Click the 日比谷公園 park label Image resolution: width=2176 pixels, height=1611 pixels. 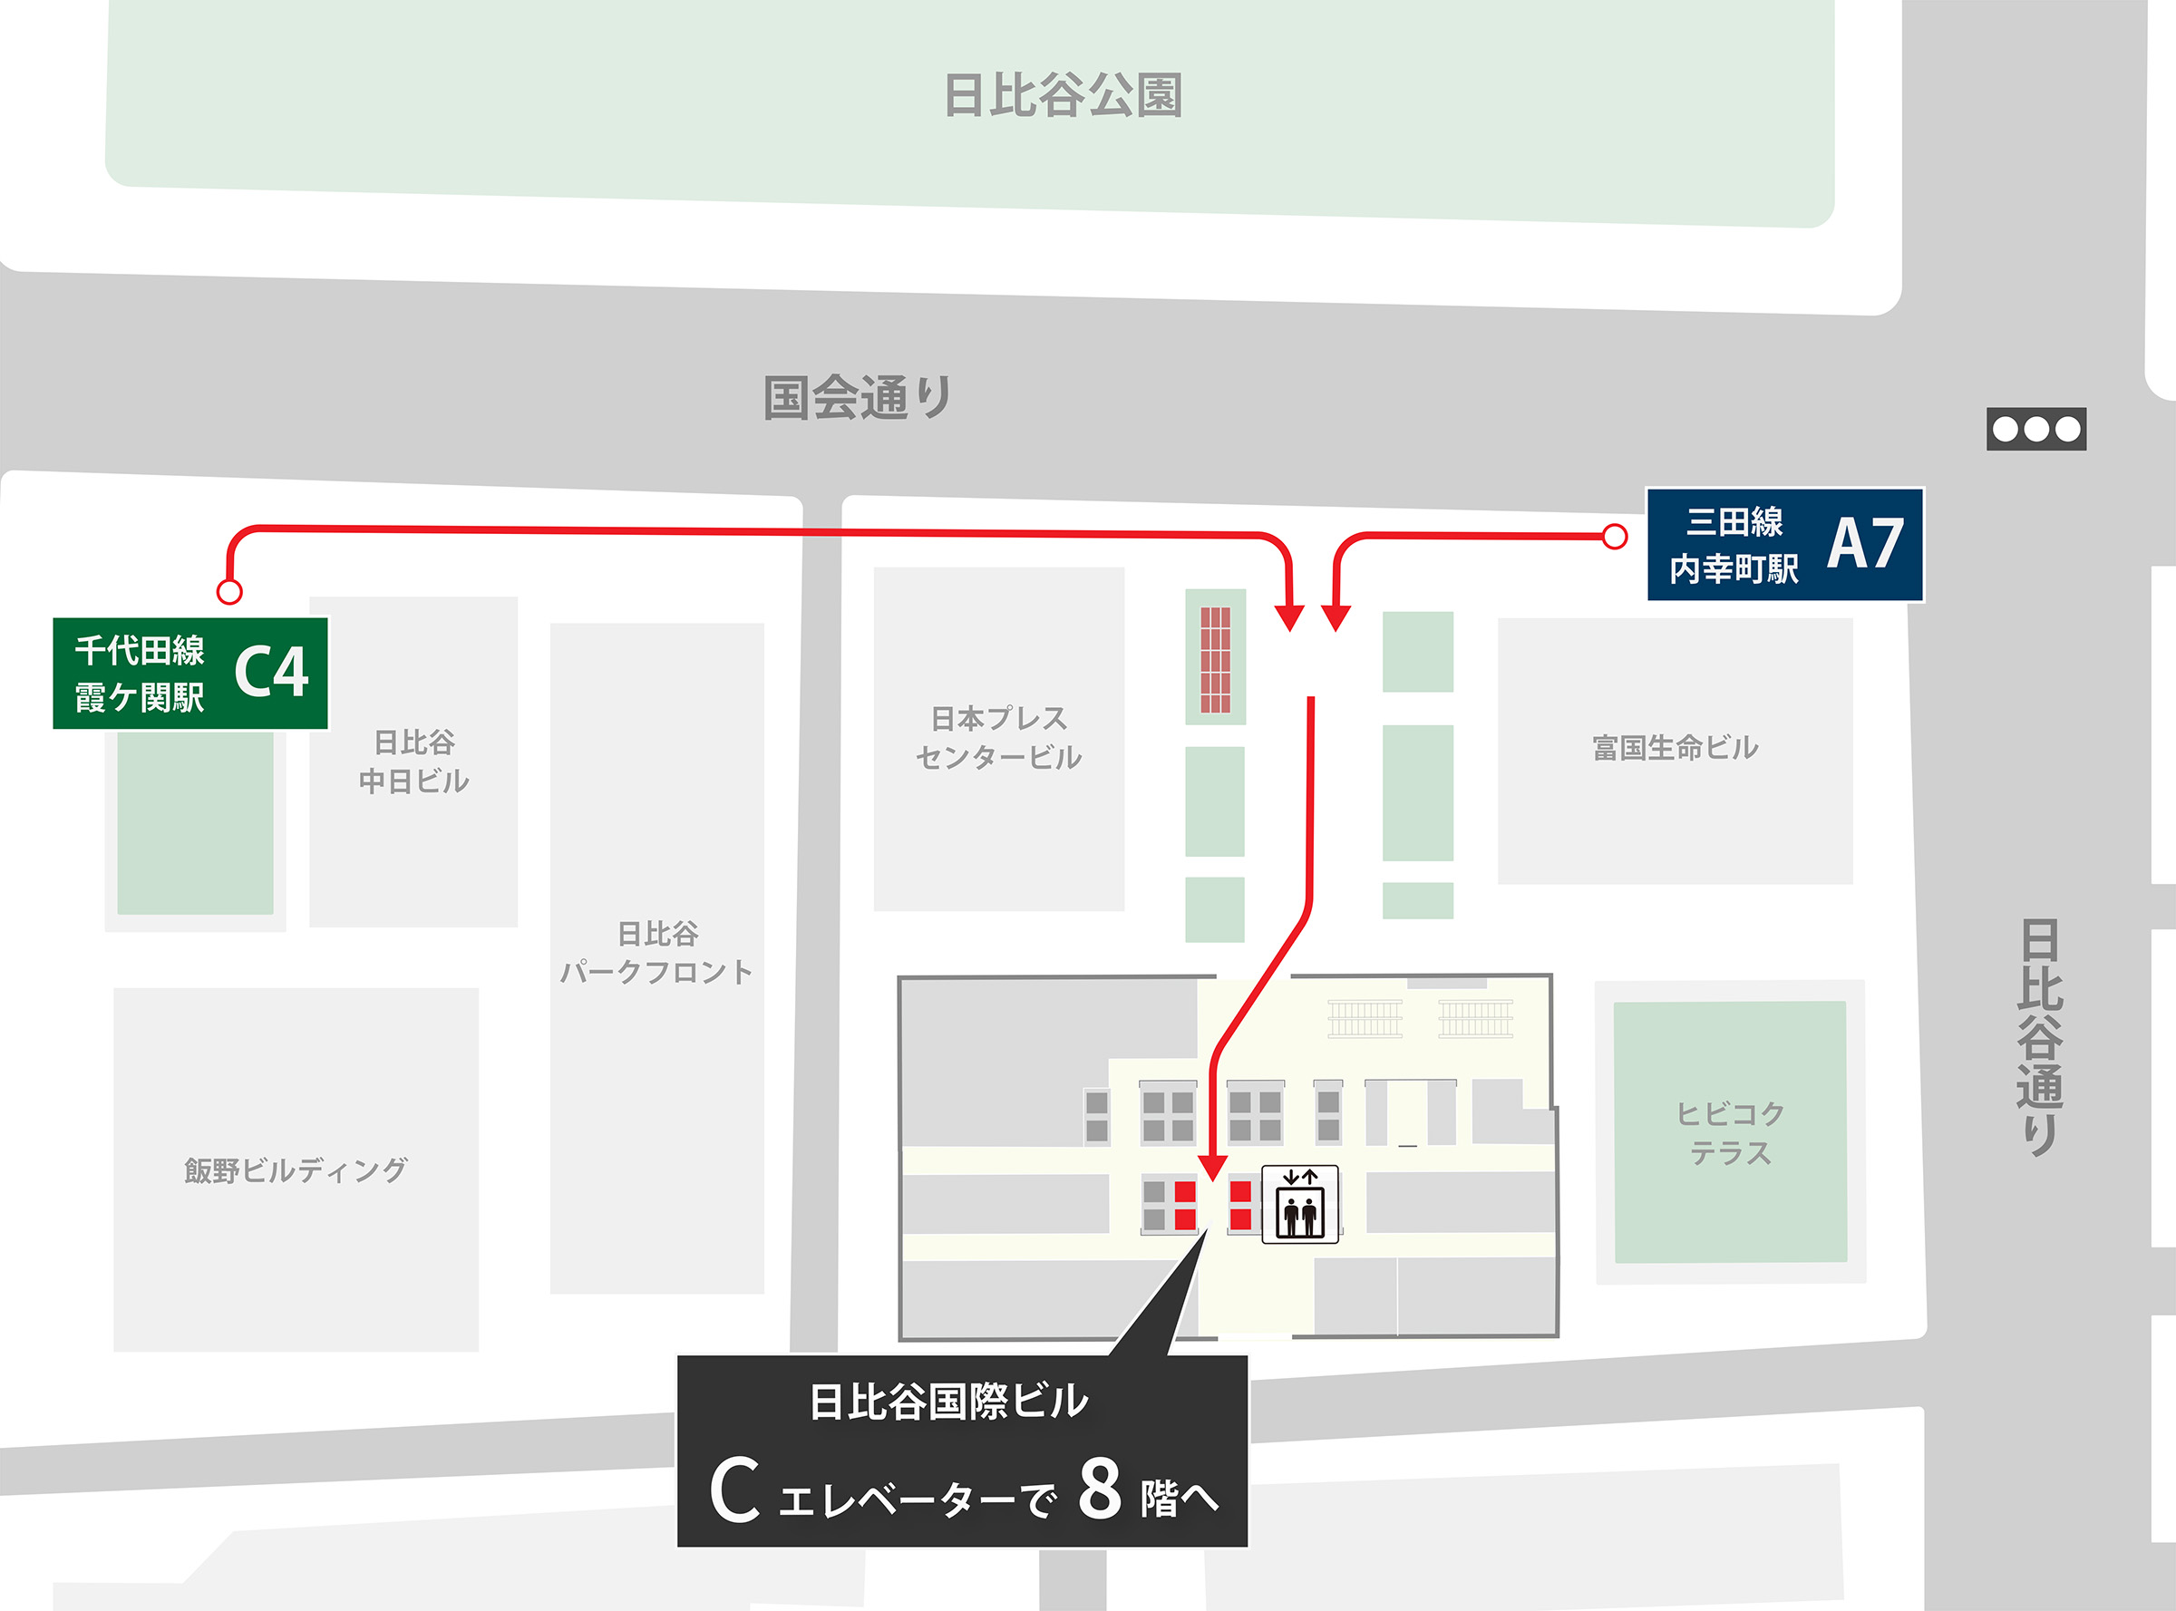[x=1064, y=95]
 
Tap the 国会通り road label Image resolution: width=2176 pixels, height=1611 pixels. [x=857, y=398]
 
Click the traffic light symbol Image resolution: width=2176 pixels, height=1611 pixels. [x=2036, y=429]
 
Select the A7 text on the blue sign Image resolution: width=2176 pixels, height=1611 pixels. [x=1865, y=544]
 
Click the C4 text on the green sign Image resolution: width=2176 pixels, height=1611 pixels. [x=271, y=672]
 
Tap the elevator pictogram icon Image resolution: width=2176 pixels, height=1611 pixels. [x=1300, y=1204]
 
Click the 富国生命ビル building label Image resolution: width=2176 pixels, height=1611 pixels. [x=1675, y=748]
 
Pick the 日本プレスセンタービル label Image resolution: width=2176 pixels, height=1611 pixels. [x=999, y=737]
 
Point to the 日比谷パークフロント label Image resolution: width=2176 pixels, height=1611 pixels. [x=656, y=953]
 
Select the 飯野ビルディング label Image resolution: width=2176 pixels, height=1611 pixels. [x=296, y=1169]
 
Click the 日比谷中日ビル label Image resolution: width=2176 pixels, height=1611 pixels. [x=413, y=762]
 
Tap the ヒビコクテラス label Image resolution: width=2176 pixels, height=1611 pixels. [x=1730, y=1132]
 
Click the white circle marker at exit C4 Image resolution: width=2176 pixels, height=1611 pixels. [x=229, y=591]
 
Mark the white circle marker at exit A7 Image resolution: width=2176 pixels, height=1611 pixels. [x=1615, y=537]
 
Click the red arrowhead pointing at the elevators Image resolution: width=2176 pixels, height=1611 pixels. [x=1212, y=1166]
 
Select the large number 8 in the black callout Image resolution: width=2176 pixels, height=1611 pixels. [x=1099, y=1490]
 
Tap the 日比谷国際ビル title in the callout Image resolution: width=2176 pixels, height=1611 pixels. [x=948, y=1402]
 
